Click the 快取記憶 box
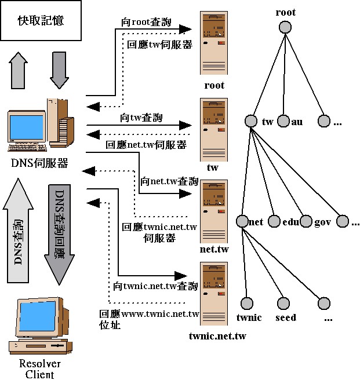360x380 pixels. pyautogui.click(x=40, y=21)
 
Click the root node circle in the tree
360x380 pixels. pyautogui.click(x=284, y=27)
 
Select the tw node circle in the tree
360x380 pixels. pyautogui.click(x=250, y=122)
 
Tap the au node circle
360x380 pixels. pyautogui.click(x=283, y=122)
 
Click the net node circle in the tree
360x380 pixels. pyautogui.click(x=242, y=221)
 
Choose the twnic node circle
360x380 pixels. pyautogui.click(x=247, y=304)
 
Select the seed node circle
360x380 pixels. pyautogui.click(x=283, y=304)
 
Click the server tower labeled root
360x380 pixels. pyautogui.click(x=213, y=43)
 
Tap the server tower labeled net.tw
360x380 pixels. pyautogui.click(x=213, y=211)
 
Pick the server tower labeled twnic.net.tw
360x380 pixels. pyautogui.click(x=213, y=295)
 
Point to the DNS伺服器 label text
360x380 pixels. pyautogui.click(x=39, y=163)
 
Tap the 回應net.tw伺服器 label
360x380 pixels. pyautogui.click(x=146, y=144)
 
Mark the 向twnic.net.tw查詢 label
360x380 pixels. pyautogui.click(x=156, y=286)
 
